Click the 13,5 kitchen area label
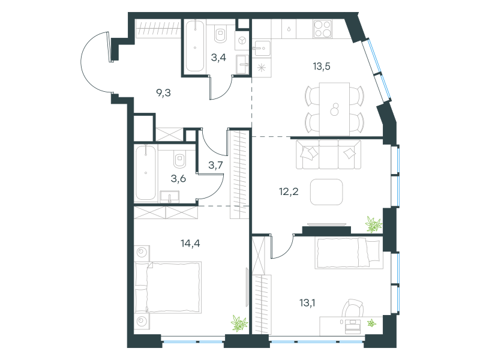(x=322, y=66)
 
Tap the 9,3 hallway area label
(x=163, y=92)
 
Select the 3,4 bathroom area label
(x=218, y=57)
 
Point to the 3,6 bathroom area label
(x=178, y=178)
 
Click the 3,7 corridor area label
(x=215, y=166)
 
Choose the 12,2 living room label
(x=289, y=191)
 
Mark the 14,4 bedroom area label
(x=190, y=244)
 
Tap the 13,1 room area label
(x=307, y=303)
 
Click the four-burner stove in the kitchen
(x=323, y=29)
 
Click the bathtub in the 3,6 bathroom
(x=146, y=173)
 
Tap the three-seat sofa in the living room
(x=328, y=154)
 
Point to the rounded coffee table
(x=326, y=192)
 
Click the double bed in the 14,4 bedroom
(x=168, y=287)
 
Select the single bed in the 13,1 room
(x=349, y=253)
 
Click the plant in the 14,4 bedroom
(x=239, y=323)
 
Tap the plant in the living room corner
(x=374, y=224)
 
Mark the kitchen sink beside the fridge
(x=262, y=48)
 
